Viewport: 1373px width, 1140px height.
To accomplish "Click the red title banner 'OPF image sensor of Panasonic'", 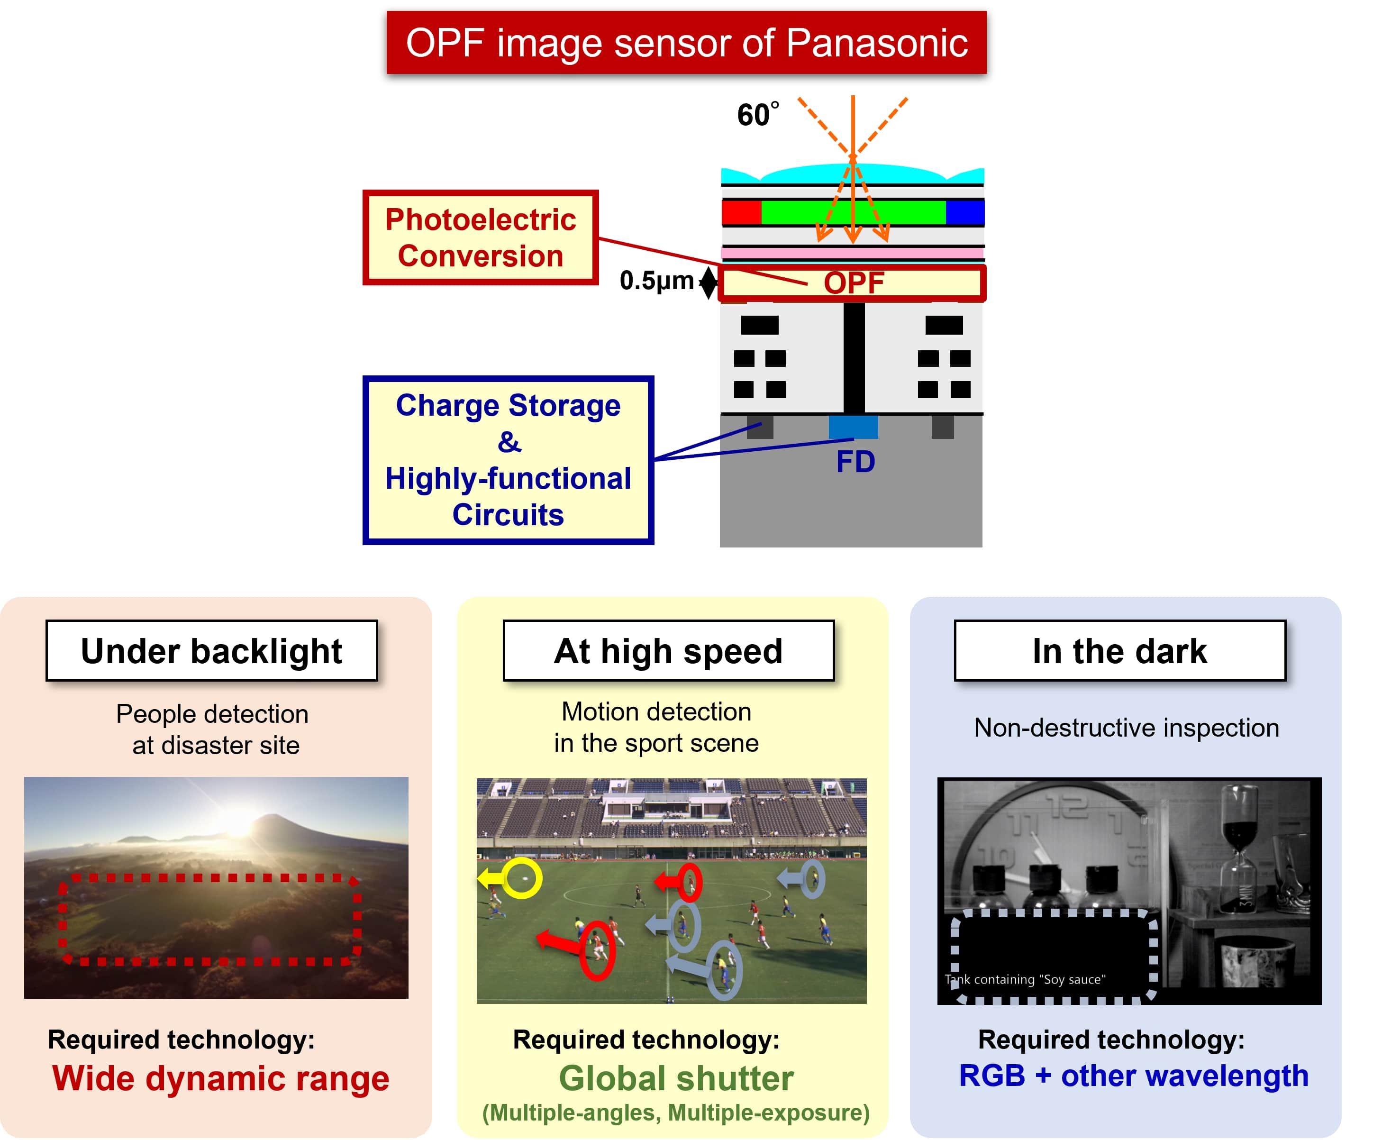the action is (x=686, y=43).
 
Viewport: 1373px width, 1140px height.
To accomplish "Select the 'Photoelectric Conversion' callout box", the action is (x=481, y=237).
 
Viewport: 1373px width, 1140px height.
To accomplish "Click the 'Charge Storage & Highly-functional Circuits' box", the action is (x=508, y=460).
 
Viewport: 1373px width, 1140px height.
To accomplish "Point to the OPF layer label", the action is (x=853, y=283).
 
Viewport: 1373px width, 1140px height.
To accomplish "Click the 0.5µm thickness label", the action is (x=656, y=281).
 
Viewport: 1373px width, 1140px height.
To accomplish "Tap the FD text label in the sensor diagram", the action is (x=855, y=462).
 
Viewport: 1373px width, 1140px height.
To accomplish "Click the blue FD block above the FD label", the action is (x=853, y=427).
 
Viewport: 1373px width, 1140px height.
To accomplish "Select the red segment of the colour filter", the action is (x=741, y=212).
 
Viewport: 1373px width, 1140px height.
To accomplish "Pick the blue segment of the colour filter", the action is (x=965, y=212).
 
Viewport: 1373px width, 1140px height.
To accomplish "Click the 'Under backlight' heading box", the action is (x=212, y=651).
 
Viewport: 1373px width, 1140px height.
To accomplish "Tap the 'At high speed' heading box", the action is (x=668, y=651).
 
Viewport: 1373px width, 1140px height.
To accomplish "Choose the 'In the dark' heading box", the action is (x=1120, y=651).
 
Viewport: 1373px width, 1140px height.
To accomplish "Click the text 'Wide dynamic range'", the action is (x=221, y=1078).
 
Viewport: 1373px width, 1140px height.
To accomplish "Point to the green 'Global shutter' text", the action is (x=676, y=1078).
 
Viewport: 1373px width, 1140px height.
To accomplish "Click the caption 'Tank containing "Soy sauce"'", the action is (x=1025, y=979).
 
